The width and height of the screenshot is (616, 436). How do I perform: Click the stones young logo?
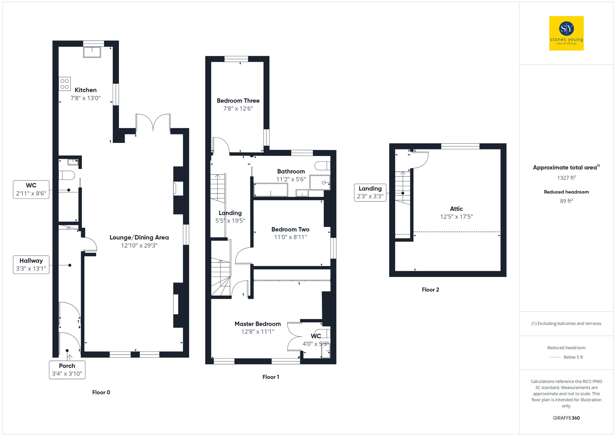click(x=566, y=33)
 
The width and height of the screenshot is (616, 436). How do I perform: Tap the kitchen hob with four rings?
click(x=65, y=84)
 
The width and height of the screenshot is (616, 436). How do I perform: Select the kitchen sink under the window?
click(x=92, y=52)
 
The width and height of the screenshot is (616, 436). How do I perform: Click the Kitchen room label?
click(x=86, y=90)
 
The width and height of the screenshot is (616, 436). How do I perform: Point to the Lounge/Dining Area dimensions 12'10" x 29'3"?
click(x=139, y=246)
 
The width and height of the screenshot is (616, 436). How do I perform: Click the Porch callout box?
click(x=67, y=369)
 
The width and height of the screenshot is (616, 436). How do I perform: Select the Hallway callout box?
click(x=31, y=264)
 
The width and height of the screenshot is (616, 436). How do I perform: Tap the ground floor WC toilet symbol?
click(x=67, y=175)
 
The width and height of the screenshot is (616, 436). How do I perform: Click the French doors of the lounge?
click(x=153, y=123)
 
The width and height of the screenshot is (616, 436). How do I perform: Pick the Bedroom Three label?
click(x=238, y=101)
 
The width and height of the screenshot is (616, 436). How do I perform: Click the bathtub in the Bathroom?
click(x=270, y=190)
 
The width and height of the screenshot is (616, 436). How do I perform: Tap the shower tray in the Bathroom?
click(x=320, y=182)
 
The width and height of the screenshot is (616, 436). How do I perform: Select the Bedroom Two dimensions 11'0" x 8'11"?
click(x=290, y=237)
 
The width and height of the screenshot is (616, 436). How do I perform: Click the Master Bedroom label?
click(x=257, y=324)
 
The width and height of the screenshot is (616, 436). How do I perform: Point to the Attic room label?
click(x=456, y=209)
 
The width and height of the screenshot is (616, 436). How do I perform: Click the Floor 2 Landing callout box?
click(x=370, y=192)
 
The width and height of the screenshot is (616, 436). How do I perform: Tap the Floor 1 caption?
click(x=271, y=377)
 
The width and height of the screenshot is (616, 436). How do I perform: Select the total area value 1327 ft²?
click(x=566, y=178)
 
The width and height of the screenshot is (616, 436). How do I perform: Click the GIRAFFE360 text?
click(x=566, y=418)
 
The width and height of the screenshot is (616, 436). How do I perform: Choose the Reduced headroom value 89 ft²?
click(x=566, y=201)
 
